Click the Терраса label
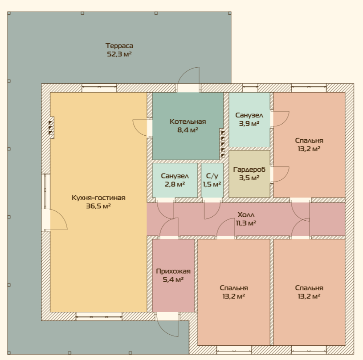(119, 46)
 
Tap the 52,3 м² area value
(119, 54)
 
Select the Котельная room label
(188, 121)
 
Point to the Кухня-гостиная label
(98, 198)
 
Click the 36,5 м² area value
(98, 206)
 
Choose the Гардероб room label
(249, 170)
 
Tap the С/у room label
(212, 176)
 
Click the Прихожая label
(173, 271)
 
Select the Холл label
(246, 214)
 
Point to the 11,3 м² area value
(246, 223)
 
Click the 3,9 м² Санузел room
(249, 119)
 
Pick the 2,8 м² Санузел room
(175, 180)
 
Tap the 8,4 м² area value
(188, 130)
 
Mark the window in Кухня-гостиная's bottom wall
(99, 316)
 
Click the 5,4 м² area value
(173, 279)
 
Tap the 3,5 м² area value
(249, 178)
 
